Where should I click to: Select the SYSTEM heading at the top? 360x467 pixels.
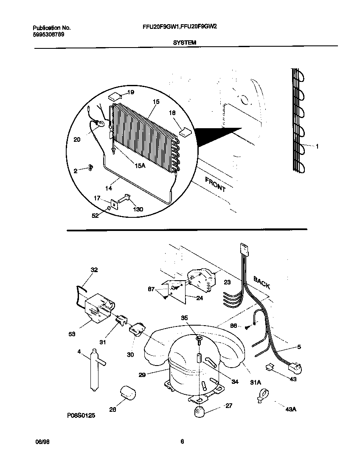(184, 42)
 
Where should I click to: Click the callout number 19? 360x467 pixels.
(131, 92)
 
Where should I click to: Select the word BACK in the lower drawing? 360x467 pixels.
(262, 282)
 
